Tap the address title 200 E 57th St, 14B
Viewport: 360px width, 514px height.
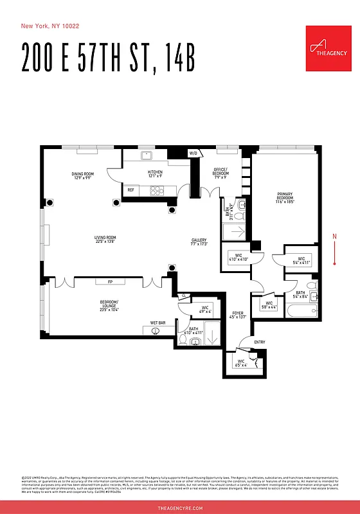(x=108, y=58)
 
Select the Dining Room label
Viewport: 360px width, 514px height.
(x=82, y=175)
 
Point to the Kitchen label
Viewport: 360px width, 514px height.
(x=155, y=173)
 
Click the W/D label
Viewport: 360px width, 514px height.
(x=193, y=154)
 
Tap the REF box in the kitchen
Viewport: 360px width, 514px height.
(x=130, y=190)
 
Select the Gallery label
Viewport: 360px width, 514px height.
(x=199, y=242)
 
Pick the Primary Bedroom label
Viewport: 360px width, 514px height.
(x=285, y=197)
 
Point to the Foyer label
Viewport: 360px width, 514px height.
(x=238, y=315)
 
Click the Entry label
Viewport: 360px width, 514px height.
(x=260, y=342)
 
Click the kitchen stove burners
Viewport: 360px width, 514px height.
(x=157, y=190)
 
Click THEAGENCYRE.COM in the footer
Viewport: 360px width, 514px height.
(x=180, y=508)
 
